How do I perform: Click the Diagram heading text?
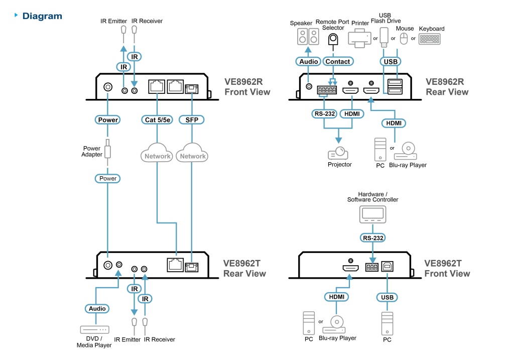pyautogui.click(x=42, y=16)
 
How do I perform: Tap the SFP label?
pyautogui.click(x=191, y=120)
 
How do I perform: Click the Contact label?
pyautogui.click(x=337, y=62)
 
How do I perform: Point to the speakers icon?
pyautogui.click(x=308, y=36)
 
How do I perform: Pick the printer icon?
pyautogui.click(x=359, y=38)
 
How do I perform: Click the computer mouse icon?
pyautogui.click(x=404, y=38)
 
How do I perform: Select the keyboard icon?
pyautogui.click(x=429, y=39)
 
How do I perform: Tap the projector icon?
pyautogui.click(x=338, y=153)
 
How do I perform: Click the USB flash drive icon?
pyautogui.click(x=384, y=36)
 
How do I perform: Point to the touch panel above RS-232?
pyautogui.click(x=372, y=214)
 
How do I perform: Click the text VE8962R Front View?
pyautogui.click(x=247, y=87)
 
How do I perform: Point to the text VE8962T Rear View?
pyautogui.click(x=244, y=269)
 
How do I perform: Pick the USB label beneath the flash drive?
pyautogui.click(x=390, y=62)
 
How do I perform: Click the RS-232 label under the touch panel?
pyautogui.click(x=372, y=238)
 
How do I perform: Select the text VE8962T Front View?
pyautogui.click(x=447, y=269)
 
